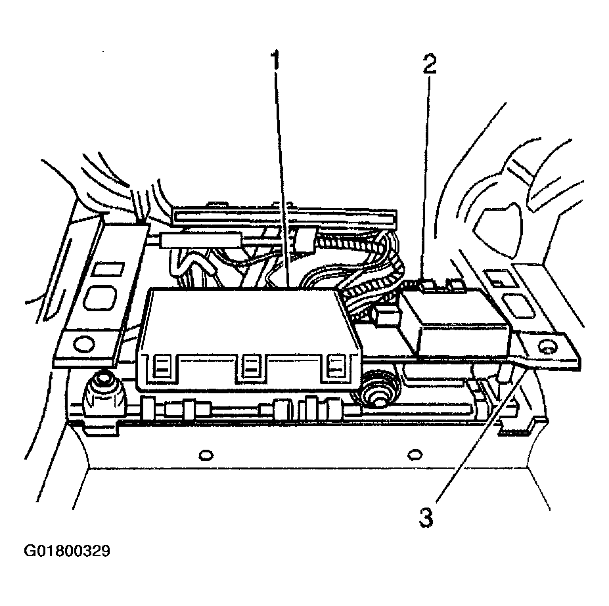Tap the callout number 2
pos(430,64)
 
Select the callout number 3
pos(426,517)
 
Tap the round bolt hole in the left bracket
pos(83,342)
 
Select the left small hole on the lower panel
pos(206,454)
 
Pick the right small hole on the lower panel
pos(415,454)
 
